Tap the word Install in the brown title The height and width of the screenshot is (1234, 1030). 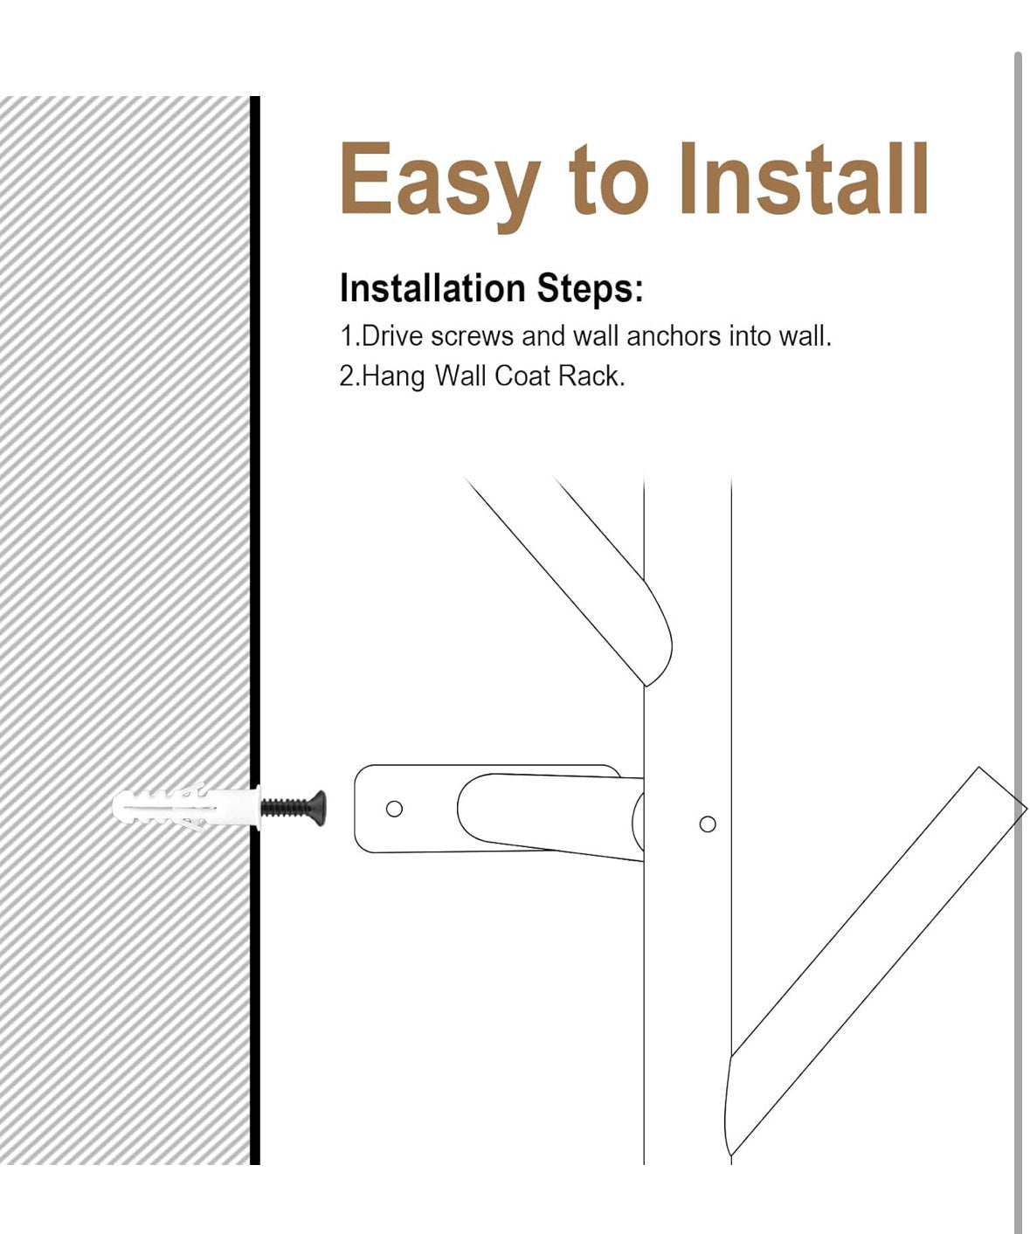coord(804,178)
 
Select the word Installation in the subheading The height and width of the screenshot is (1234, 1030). coord(432,288)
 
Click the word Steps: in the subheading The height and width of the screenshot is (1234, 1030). coord(590,288)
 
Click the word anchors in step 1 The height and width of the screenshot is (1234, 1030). coord(674,336)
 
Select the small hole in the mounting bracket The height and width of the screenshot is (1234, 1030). coord(394,809)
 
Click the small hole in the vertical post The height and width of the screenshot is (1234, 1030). coord(708,824)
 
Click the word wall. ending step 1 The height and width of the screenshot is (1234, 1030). coord(805,336)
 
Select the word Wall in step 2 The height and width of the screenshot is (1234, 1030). coord(460,376)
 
